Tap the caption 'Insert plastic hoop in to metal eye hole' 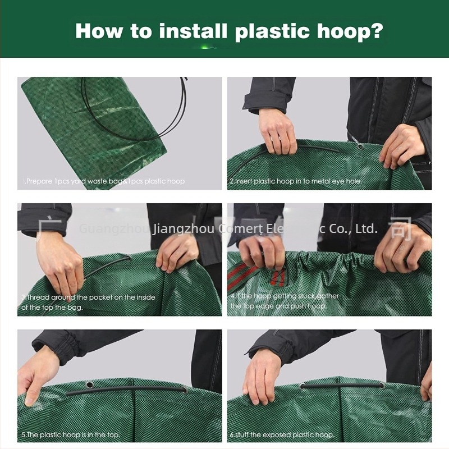pos(296,181)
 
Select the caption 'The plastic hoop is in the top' pos(71,434)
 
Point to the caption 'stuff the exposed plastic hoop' pos(282,434)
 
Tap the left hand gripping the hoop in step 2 pos(277,132)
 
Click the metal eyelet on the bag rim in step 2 pos(360,147)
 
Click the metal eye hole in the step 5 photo pos(89,386)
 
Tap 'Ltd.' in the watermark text pos(367,229)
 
